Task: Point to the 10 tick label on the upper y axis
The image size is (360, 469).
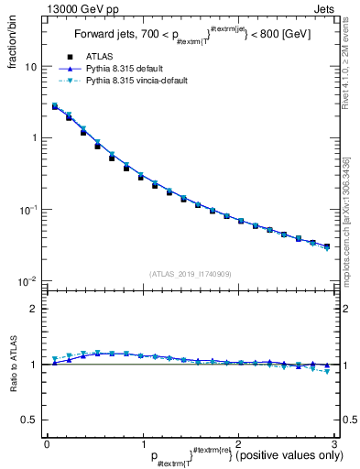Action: (x=30, y=67)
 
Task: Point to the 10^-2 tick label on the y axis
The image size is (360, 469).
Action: (x=27, y=281)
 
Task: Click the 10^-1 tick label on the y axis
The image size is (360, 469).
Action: (x=27, y=210)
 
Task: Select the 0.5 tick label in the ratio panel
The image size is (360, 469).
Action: (x=28, y=420)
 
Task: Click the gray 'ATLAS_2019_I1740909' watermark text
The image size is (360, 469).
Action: (x=191, y=274)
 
